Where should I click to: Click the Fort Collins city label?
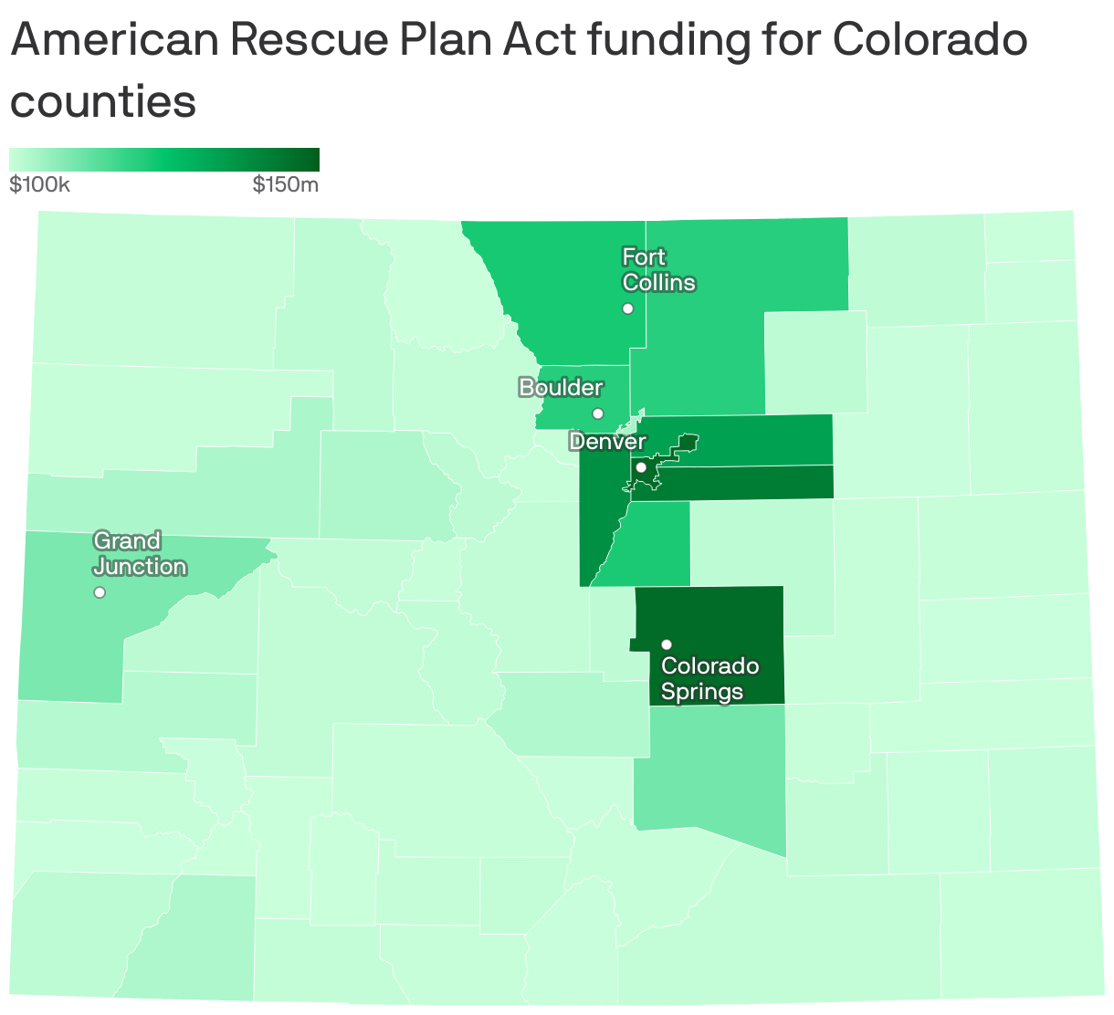click(x=657, y=270)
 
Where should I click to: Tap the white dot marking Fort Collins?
click(x=627, y=309)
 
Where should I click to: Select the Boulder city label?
click(x=561, y=388)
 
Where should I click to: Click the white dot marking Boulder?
click(x=598, y=413)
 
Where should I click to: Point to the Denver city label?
click(x=607, y=442)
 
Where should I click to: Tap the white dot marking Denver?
click(x=641, y=467)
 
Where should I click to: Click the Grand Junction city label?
click(x=140, y=554)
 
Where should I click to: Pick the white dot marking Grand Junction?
click(x=100, y=592)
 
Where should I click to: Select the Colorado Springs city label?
click(x=709, y=678)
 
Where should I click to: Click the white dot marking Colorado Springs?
click(x=667, y=644)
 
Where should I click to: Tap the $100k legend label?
click(x=39, y=185)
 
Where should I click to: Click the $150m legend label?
click(x=286, y=185)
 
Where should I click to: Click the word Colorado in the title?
click(x=930, y=40)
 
